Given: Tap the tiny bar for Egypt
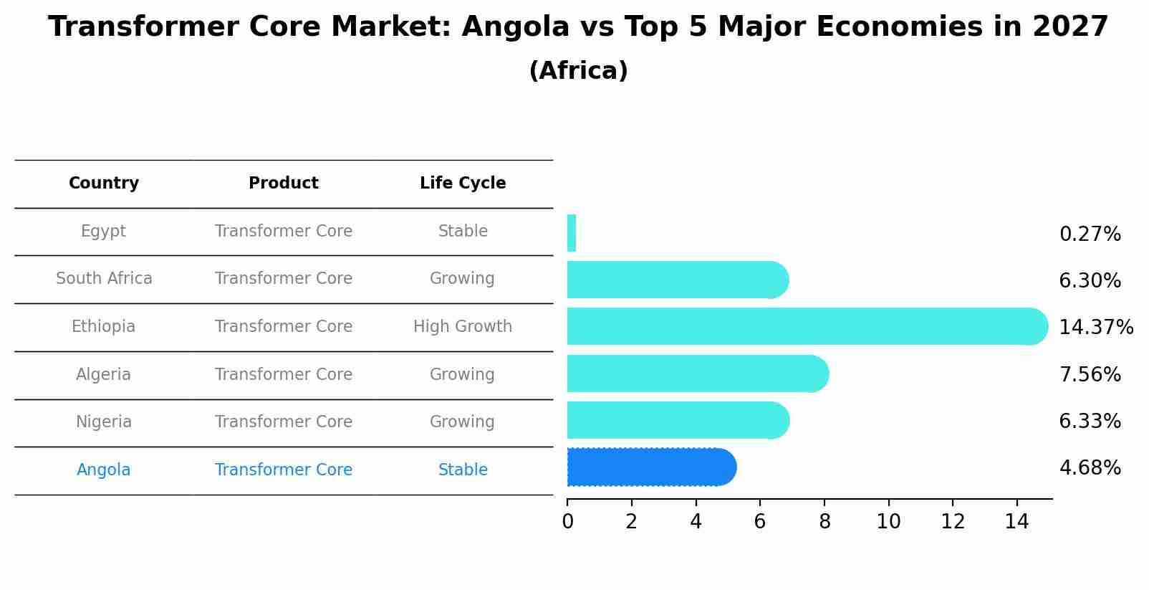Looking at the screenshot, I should pos(572,233).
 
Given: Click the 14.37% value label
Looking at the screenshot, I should pos(1095,328).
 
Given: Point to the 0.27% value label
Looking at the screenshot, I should pos(1090,234).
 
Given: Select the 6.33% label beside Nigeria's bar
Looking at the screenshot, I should pos(1090,421).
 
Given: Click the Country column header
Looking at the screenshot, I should pos(104,184).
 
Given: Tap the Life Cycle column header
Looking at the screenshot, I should pos(463,184).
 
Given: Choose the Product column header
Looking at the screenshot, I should pos(284,184).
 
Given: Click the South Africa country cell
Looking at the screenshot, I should pos(104,279).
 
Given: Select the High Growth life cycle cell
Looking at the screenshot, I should pos(463,327).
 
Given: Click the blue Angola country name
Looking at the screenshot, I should pos(104,470).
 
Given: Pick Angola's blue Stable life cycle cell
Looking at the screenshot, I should pos(463,470).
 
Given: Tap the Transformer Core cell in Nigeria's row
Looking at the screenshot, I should pos(284,422).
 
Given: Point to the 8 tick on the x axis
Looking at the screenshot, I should pos(825,521).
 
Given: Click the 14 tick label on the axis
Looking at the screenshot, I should pos(1016,521).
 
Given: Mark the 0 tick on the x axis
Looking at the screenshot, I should pos(567,521).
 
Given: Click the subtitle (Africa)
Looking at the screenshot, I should pos(578,71).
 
